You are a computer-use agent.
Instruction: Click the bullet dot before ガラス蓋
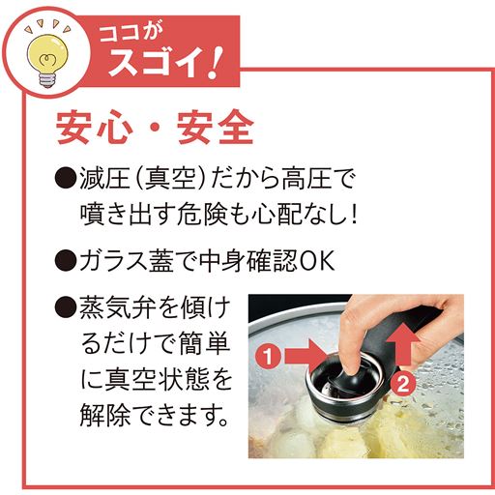pos(64,260)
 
